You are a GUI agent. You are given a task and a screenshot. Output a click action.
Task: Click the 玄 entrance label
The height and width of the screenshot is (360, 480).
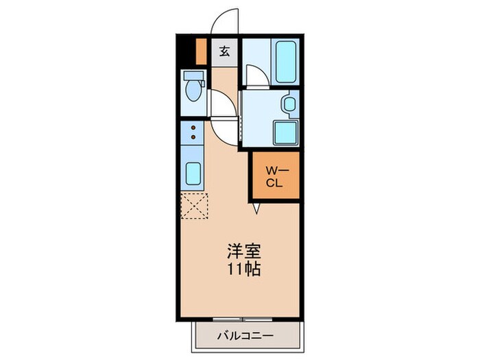[225, 51]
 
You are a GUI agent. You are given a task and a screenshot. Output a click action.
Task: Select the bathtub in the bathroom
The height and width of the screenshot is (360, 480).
[285, 62]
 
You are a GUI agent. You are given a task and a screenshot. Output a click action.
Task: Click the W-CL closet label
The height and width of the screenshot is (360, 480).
[274, 176]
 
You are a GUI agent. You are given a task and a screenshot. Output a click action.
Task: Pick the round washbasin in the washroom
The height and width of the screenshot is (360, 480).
[289, 105]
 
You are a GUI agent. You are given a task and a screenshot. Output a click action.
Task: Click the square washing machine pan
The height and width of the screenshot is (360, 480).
[284, 131]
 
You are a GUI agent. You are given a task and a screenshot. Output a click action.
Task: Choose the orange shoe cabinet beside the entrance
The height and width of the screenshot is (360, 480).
[202, 51]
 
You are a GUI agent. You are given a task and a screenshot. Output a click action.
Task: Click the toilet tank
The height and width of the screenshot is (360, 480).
[193, 75]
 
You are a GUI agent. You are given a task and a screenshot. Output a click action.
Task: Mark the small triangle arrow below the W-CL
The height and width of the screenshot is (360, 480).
[257, 207]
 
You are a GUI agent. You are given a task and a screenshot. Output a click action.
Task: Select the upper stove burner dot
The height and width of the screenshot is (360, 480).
[194, 128]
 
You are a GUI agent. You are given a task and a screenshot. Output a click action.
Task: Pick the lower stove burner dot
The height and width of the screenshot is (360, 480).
[194, 138]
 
